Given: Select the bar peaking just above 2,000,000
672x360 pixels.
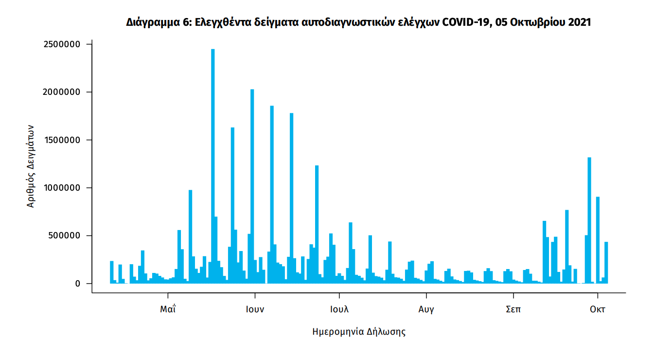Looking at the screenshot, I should click(252, 185).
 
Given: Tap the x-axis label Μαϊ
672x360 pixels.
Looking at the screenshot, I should click(168, 309).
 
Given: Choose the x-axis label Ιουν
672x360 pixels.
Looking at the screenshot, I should click(255, 309).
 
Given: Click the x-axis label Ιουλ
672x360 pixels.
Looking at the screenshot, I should click(339, 309).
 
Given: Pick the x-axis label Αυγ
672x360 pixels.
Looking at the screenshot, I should click(426, 309).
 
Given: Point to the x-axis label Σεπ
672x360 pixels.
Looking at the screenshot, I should click(513, 309).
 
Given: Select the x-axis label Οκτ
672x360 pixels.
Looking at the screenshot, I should click(598, 309).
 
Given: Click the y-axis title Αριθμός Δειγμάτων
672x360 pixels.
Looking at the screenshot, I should click(30, 165).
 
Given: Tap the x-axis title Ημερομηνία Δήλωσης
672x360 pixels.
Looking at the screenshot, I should click(359, 332).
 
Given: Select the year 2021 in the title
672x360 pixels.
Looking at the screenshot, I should click(579, 22).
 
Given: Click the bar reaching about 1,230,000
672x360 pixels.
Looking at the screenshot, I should click(317, 224).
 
